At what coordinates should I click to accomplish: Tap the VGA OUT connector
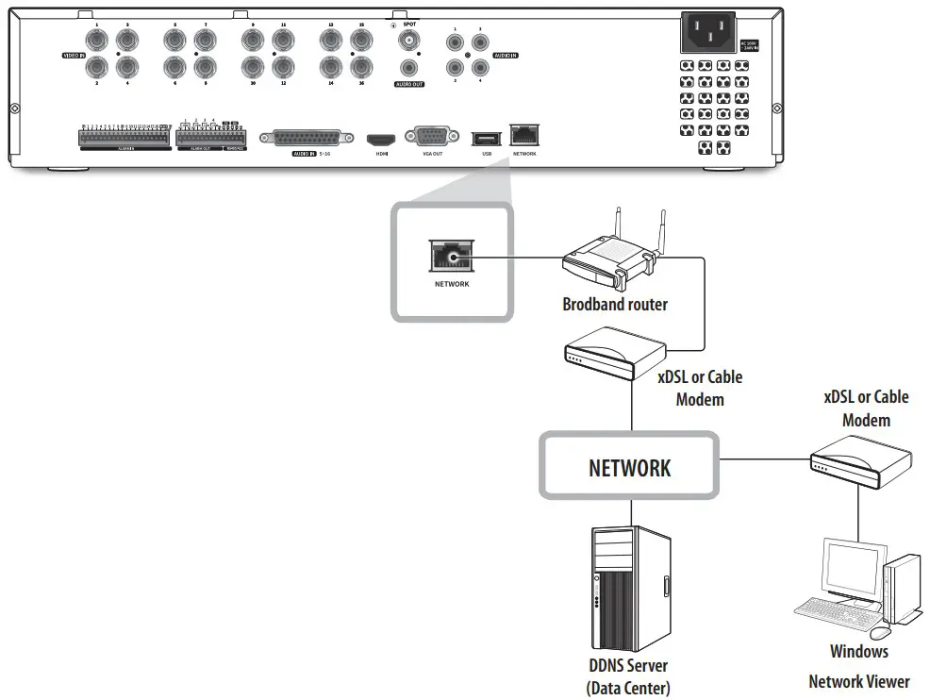(426, 137)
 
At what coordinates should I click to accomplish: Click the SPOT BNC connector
(408, 41)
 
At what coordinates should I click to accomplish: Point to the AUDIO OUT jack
(408, 69)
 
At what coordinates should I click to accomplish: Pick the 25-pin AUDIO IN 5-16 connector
(307, 137)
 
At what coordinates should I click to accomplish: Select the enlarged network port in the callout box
(451, 254)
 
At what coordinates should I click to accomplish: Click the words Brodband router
(614, 305)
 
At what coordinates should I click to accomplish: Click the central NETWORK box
(629, 467)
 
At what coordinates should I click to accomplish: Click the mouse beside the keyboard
(880, 631)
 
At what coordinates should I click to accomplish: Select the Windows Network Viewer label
(858, 666)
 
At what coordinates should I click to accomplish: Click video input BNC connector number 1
(96, 40)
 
